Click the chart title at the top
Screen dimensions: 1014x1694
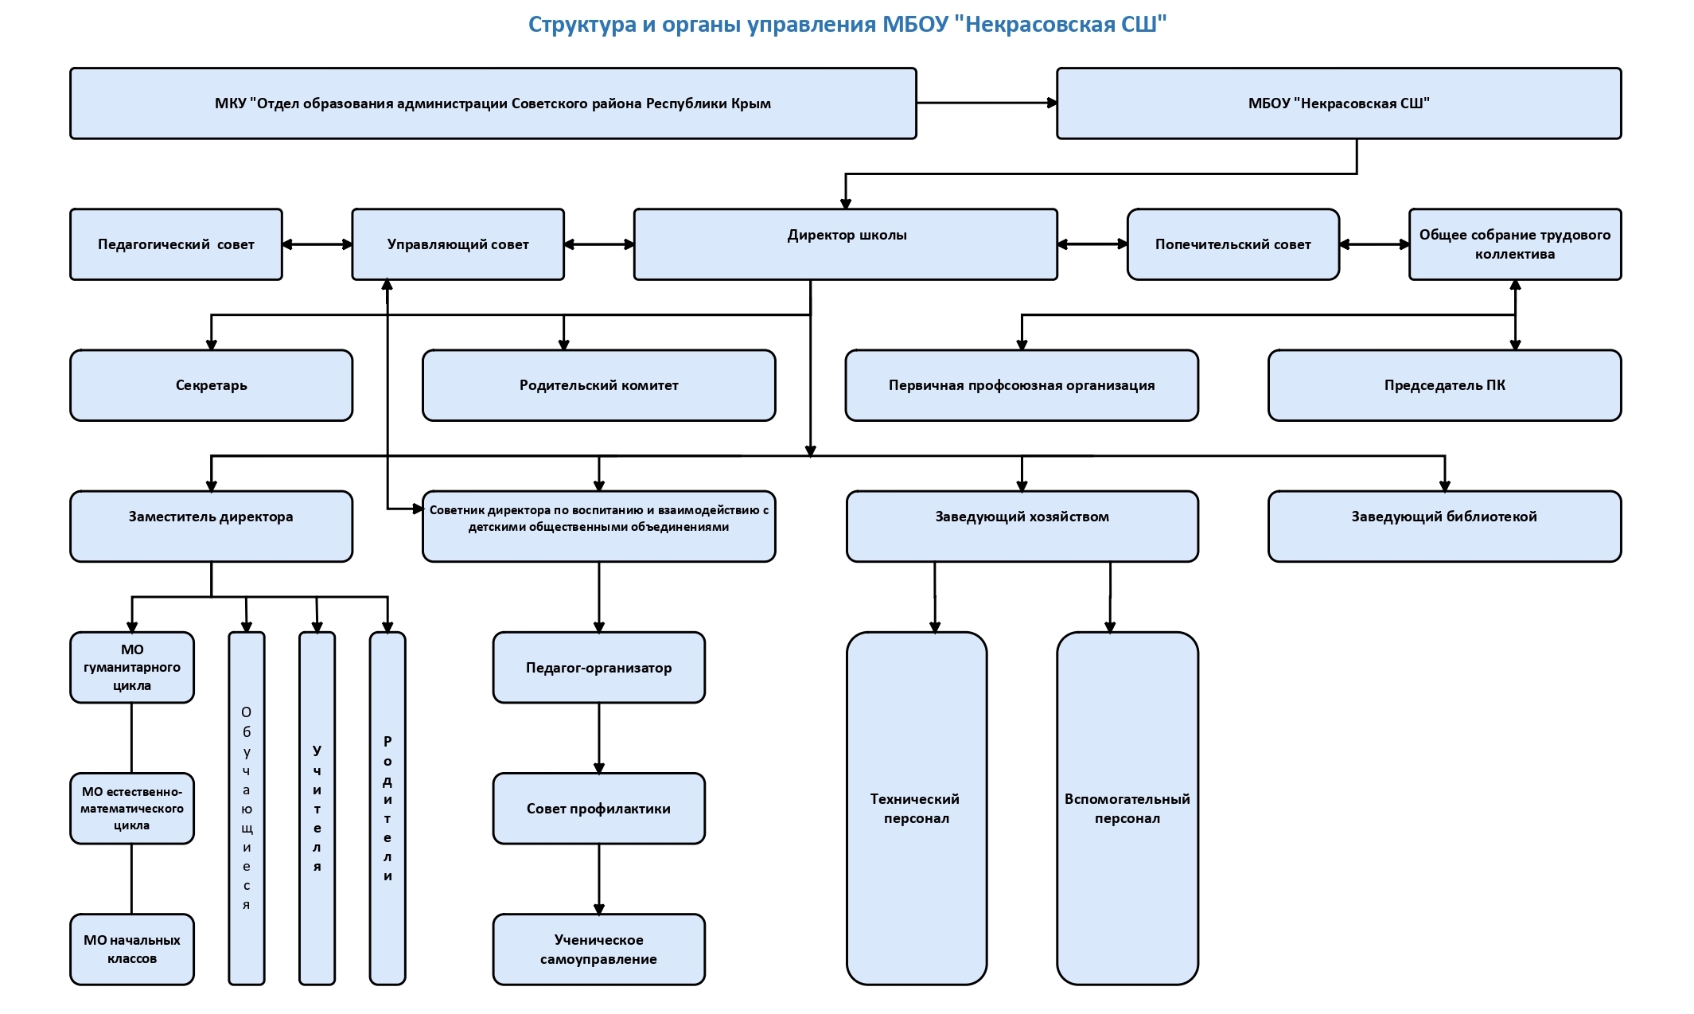point(847,25)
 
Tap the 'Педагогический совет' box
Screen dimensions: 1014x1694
point(176,244)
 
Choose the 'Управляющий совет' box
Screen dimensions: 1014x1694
point(458,244)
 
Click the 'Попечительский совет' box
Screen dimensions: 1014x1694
point(1233,244)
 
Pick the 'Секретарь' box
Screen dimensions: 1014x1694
point(211,385)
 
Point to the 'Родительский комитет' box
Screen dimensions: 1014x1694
point(598,385)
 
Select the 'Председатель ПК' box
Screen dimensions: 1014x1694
point(1444,385)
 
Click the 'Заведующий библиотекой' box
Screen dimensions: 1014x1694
point(1444,526)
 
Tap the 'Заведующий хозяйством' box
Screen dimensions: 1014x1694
point(1022,526)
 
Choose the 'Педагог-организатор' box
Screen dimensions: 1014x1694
point(598,668)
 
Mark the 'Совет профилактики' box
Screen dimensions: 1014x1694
point(598,809)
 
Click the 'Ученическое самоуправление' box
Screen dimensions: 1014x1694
point(598,950)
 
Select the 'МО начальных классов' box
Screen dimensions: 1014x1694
point(132,950)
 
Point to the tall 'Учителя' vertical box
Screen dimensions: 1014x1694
point(317,808)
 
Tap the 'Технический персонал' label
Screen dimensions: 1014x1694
point(915,809)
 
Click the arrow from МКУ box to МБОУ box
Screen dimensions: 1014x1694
point(987,103)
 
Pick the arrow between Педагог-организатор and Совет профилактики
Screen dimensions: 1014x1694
point(599,738)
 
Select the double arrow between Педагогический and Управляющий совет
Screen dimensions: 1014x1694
point(317,244)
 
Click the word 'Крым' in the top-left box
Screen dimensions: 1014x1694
point(750,103)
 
